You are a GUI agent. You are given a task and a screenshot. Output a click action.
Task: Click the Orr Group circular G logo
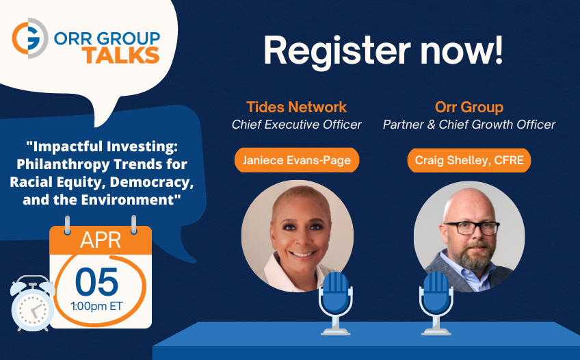29,38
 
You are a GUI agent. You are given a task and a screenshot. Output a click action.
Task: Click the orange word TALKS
121,55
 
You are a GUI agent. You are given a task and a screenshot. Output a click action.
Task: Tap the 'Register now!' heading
383,51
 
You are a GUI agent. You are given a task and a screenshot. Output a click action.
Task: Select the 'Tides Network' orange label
296,107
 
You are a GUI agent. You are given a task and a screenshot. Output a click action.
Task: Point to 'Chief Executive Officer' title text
296,125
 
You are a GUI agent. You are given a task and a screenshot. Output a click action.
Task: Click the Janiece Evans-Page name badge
297,160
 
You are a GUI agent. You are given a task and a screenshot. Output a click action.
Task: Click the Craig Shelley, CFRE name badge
469,160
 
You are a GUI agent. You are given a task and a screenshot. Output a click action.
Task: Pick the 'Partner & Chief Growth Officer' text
469,125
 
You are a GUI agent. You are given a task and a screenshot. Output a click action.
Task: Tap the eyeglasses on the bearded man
472,228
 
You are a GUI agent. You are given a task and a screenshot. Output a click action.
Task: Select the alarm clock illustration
33,303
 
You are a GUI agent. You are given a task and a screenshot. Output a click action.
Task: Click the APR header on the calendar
101,240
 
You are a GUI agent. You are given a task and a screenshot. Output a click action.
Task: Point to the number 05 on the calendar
97,282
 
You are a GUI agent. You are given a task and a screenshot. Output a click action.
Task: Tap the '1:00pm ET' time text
97,307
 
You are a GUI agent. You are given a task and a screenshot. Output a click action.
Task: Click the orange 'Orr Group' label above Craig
469,107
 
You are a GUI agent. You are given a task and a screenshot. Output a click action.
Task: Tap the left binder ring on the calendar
67,225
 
